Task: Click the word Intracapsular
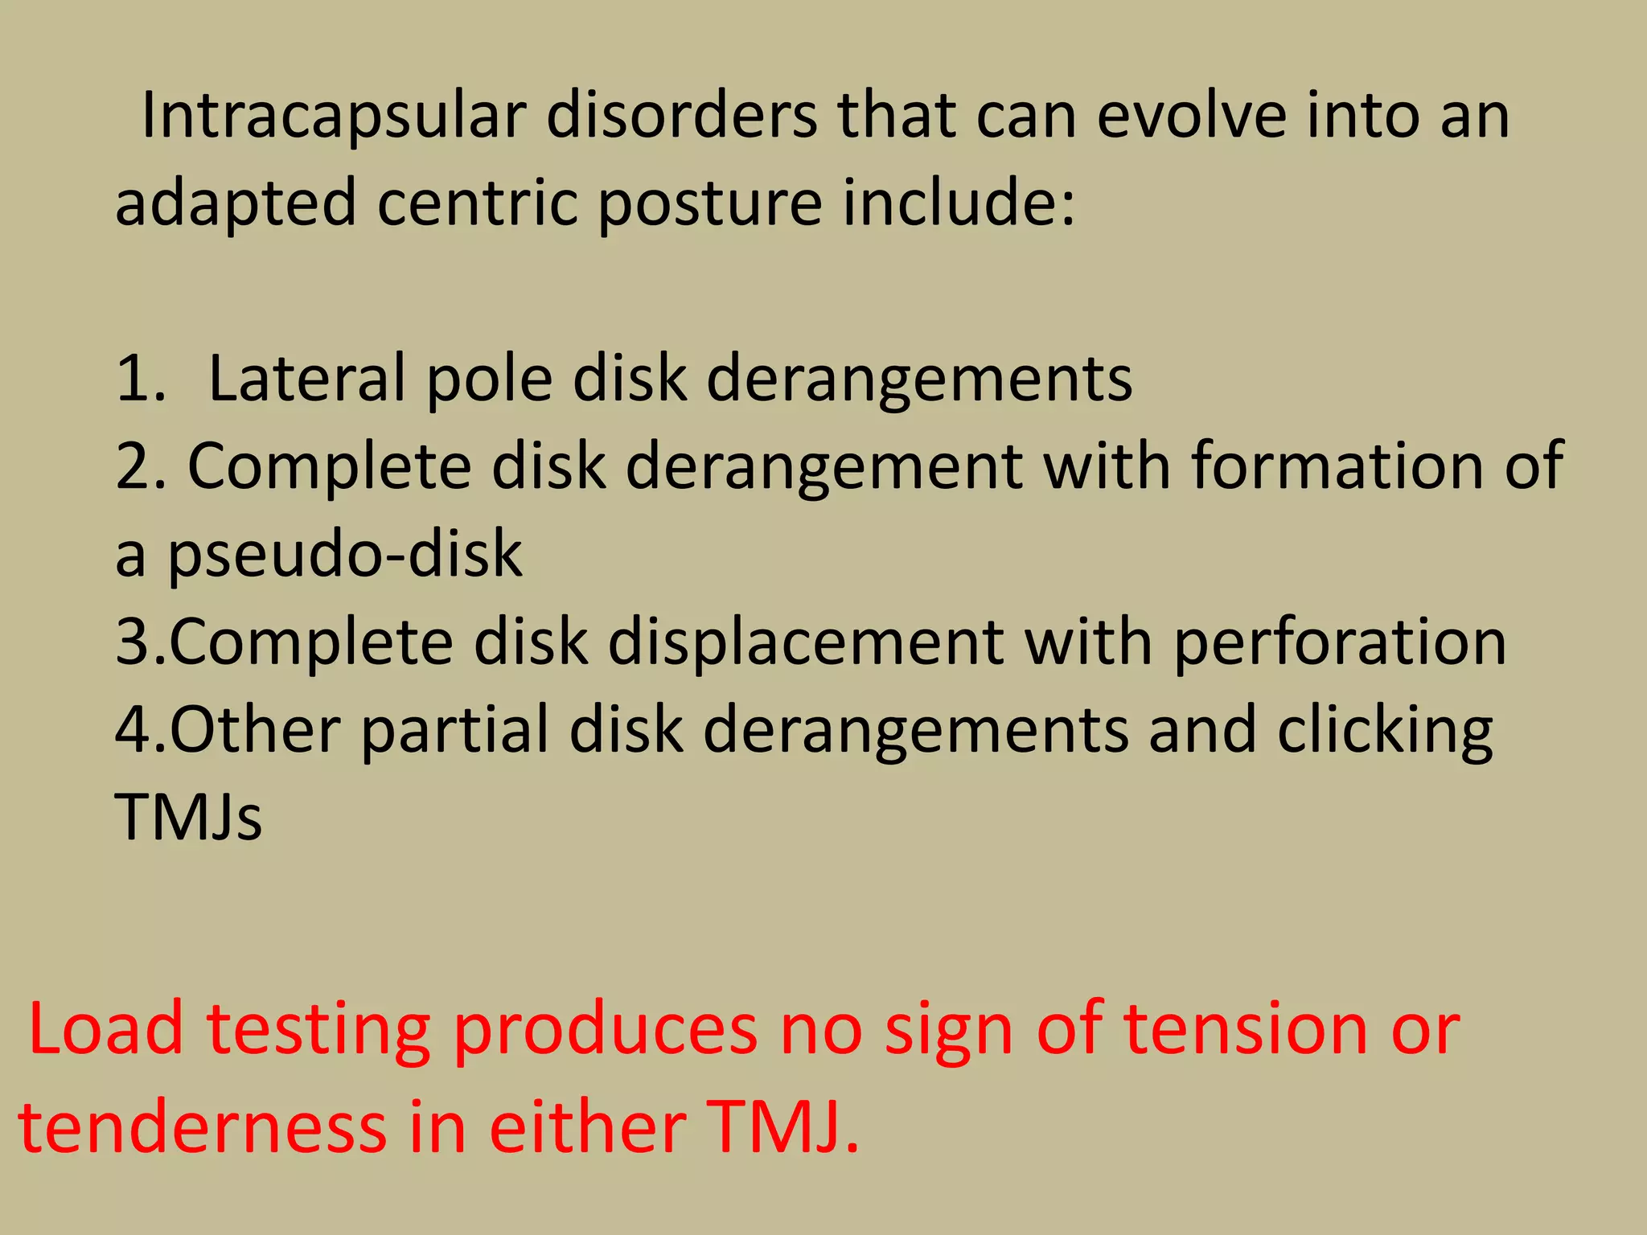(333, 117)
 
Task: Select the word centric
(477, 203)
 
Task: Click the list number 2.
(138, 466)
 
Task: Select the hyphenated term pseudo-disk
(345, 555)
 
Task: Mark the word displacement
(805, 643)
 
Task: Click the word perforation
(1340, 643)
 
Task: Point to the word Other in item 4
(255, 730)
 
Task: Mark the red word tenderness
(203, 1127)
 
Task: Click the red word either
(587, 1127)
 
